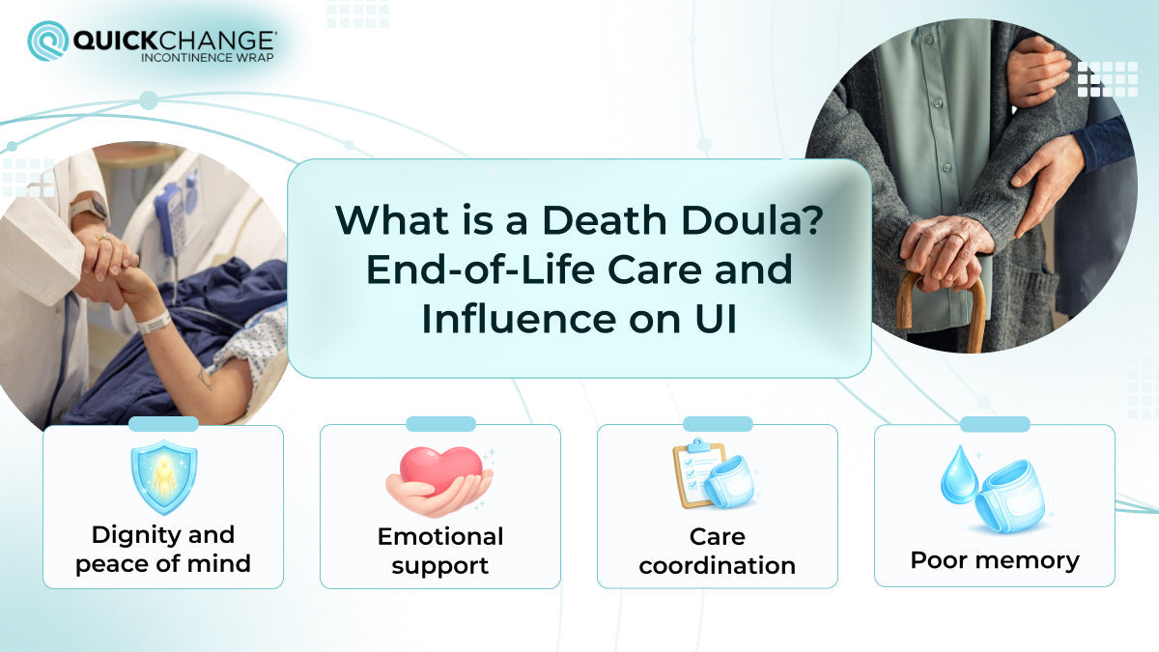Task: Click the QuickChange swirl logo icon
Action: point(47,41)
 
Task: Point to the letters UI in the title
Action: point(712,320)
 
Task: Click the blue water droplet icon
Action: point(959,475)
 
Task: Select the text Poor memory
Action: point(994,560)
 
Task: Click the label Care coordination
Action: point(717,551)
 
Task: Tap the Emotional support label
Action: point(440,551)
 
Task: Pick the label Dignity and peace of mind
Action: point(163,549)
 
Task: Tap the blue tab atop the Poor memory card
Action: point(994,424)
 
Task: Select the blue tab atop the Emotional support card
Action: point(440,424)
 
